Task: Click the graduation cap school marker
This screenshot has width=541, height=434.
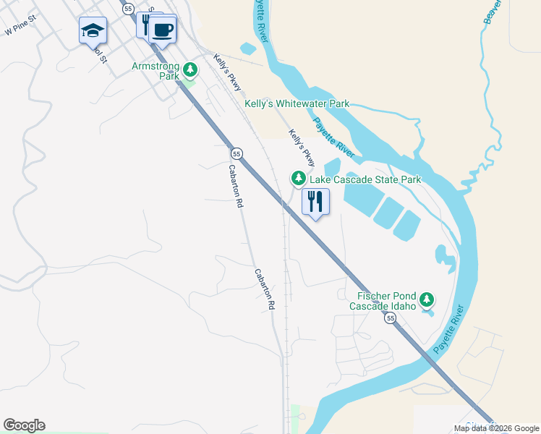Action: coord(93,30)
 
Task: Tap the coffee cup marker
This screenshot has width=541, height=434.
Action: coord(163,30)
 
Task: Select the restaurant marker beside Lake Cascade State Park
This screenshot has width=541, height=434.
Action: coord(315,200)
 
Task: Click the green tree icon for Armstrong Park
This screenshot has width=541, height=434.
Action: coord(189,70)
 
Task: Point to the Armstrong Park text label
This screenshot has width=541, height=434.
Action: coord(155,71)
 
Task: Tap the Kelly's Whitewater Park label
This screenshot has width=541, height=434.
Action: coord(297,103)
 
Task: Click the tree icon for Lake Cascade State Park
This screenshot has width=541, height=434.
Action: coord(298,177)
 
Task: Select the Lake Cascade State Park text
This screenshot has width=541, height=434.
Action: coord(365,179)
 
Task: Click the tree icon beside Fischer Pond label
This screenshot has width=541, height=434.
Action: coord(427,299)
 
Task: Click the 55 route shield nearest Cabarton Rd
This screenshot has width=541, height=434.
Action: coord(237,153)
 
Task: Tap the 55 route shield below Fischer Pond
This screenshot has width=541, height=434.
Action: coord(391,318)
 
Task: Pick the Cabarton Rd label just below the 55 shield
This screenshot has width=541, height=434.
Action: coord(234,187)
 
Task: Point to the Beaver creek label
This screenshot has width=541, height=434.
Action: coord(492,11)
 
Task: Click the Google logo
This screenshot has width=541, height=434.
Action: coord(24,425)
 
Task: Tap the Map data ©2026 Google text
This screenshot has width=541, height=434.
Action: coord(496,428)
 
